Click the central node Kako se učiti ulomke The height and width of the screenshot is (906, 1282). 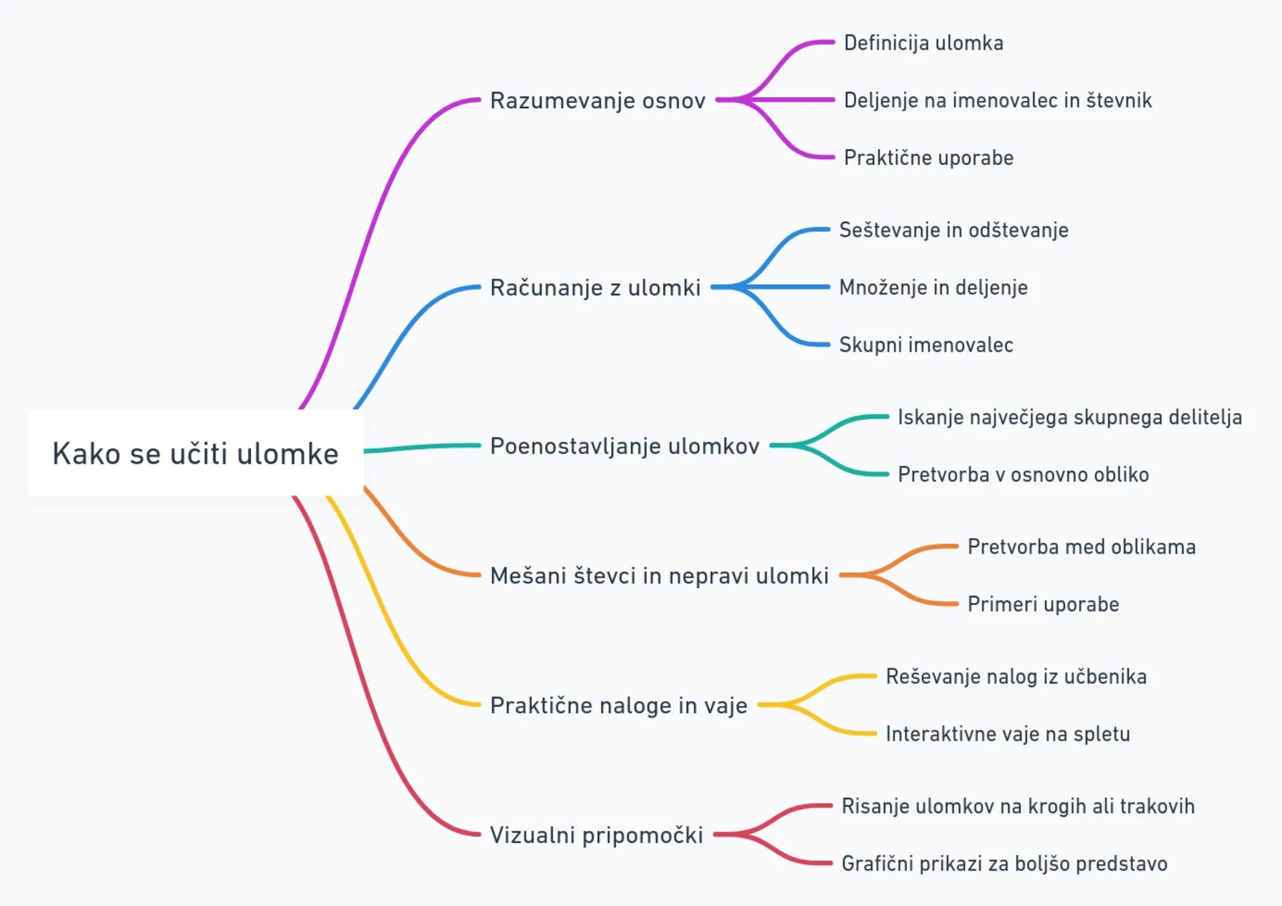pyautogui.click(x=196, y=454)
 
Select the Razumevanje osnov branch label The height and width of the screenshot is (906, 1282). pyautogui.click(x=598, y=101)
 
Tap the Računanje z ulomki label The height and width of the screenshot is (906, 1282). pyautogui.click(x=595, y=288)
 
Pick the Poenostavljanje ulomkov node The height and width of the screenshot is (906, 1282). pyautogui.click(x=624, y=446)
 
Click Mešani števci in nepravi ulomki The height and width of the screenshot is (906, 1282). pyautogui.click(x=659, y=576)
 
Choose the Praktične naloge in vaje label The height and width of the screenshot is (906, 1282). pyautogui.click(x=618, y=706)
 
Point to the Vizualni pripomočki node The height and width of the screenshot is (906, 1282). pyautogui.click(x=596, y=835)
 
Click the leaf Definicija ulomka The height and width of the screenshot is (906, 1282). pyautogui.click(x=923, y=43)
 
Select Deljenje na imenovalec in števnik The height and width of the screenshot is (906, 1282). pyautogui.click(x=998, y=101)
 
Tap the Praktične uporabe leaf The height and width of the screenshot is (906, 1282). pyautogui.click(x=929, y=158)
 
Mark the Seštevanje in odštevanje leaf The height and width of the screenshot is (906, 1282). pyautogui.click(x=953, y=231)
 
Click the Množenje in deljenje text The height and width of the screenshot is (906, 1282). pyautogui.click(x=933, y=288)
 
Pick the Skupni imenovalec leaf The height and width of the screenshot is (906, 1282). pyautogui.click(x=926, y=345)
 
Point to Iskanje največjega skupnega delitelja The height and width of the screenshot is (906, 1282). pyautogui.click(x=1070, y=418)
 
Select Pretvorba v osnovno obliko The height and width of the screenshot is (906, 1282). pyautogui.click(x=1023, y=475)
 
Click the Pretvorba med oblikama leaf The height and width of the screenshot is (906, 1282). pyautogui.click(x=1081, y=547)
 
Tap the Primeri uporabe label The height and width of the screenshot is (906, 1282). pyautogui.click(x=1043, y=605)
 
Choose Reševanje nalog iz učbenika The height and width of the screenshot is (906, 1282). pyautogui.click(x=1016, y=677)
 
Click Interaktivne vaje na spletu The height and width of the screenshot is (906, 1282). pyautogui.click(x=1008, y=734)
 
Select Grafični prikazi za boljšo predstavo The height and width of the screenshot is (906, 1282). pyautogui.click(x=1004, y=864)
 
